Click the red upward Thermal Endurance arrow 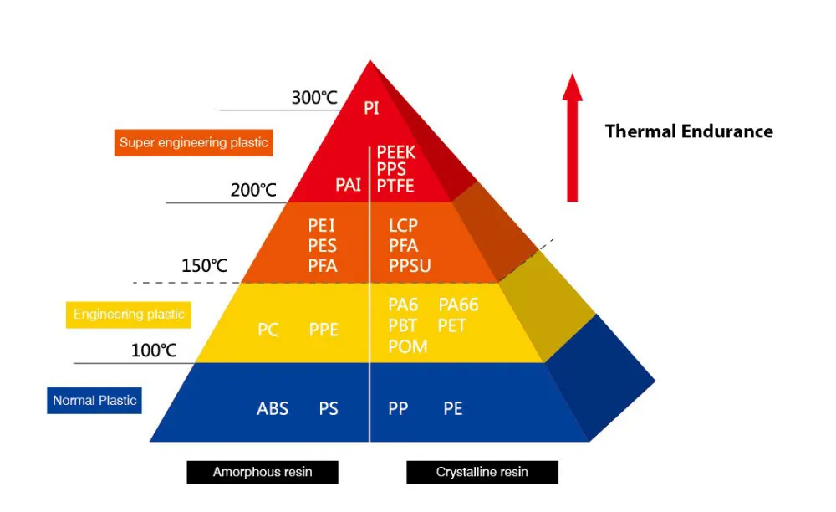click(572, 138)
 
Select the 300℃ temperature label click(313, 98)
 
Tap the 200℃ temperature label click(253, 190)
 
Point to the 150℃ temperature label click(204, 267)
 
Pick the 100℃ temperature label click(154, 351)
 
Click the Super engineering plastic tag click(193, 142)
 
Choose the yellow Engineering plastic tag click(128, 315)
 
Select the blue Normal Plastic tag click(94, 400)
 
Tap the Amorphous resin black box click(263, 472)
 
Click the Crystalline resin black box click(482, 472)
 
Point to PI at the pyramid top click(372, 108)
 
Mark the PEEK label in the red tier click(396, 152)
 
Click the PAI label click(349, 185)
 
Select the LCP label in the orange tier click(403, 226)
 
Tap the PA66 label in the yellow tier click(458, 305)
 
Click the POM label click(407, 346)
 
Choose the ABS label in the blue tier click(273, 409)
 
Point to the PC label click(268, 330)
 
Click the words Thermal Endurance click(689, 131)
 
